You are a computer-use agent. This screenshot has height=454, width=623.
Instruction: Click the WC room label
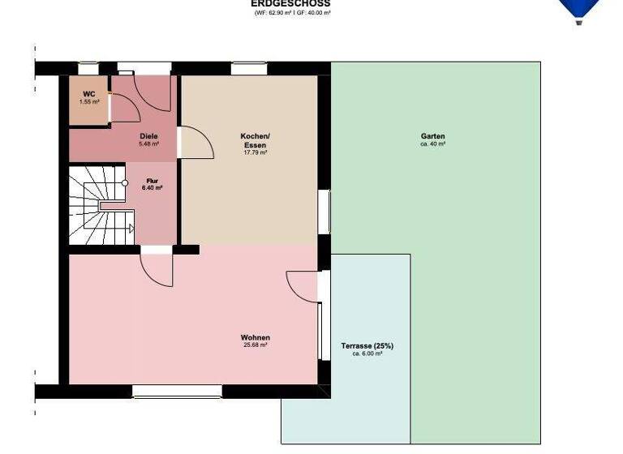pyautogui.click(x=89, y=94)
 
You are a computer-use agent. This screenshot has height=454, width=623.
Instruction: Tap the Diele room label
pyautogui.click(x=148, y=136)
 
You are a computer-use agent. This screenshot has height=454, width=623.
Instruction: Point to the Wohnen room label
pyautogui.click(x=255, y=337)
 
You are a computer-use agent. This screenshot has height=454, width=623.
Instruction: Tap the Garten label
pyautogui.click(x=432, y=136)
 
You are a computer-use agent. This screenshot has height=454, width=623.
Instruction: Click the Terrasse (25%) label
pyautogui.click(x=367, y=346)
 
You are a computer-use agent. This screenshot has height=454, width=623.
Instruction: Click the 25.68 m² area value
pyautogui.click(x=255, y=345)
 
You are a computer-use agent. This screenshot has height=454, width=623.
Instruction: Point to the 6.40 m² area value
pyautogui.click(x=152, y=188)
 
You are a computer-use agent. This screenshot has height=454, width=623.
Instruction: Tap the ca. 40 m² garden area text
pyautogui.click(x=432, y=144)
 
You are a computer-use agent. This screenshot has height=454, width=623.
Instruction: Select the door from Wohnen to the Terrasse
pyautogui.click(x=305, y=285)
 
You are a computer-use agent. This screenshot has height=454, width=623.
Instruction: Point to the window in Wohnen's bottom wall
pyautogui.click(x=177, y=391)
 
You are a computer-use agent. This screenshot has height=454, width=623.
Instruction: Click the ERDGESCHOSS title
pyautogui.click(x=290, y=3)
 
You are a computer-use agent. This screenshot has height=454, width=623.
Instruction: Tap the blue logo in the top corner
pyautogui.click(x=579, y=10)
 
